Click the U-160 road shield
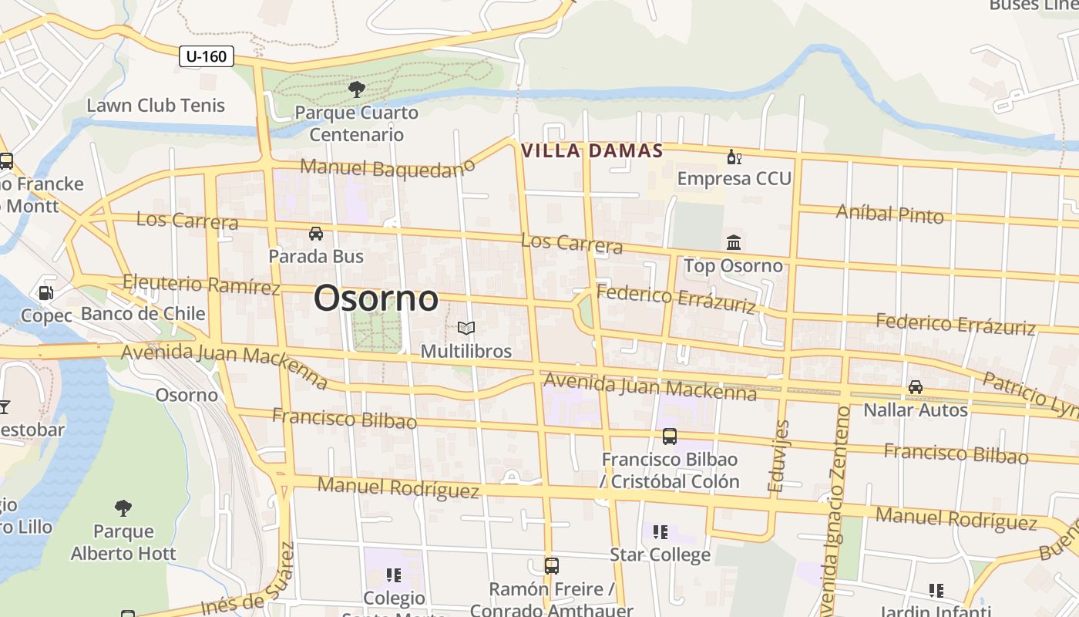(207, 56)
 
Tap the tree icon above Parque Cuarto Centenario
(356, 89)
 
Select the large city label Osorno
(376, 298)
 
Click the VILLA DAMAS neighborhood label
(592, 151)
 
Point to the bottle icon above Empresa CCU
(734, 158)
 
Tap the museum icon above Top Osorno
(734, 243)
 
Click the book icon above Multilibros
(466, 329)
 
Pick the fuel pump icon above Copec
(46, 293)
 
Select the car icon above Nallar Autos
(915, 386)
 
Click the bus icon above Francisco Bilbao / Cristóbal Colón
(669, 437)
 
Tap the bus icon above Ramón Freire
(551, 566)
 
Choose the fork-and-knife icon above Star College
(660, 532)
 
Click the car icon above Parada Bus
(315, 233)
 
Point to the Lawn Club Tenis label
(156, 106)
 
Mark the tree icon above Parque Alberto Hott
(123, 507)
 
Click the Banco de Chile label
(143, 314)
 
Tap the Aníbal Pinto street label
(889, 214)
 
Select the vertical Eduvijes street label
(779, 456)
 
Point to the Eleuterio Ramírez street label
(201, 285)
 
